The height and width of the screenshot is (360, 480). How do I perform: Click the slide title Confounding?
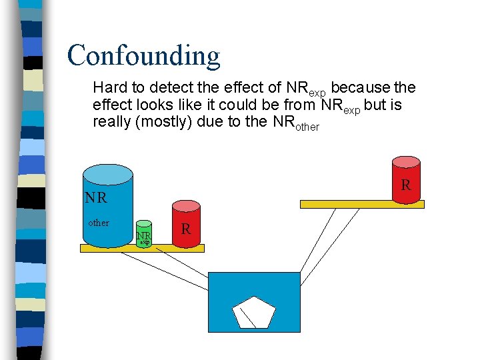point(143,56)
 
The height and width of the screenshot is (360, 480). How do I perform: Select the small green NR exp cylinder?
point(144,233)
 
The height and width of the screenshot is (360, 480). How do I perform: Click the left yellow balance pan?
point(142,248)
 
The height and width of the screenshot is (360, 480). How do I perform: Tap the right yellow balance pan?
point(361,205)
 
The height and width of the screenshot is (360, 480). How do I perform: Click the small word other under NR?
point(99,223)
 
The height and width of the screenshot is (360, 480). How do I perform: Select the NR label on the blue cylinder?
point(95,198)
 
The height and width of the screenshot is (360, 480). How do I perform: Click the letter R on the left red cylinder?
point(186,229)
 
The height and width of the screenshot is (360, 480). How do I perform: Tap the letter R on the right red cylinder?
point(405,185)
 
